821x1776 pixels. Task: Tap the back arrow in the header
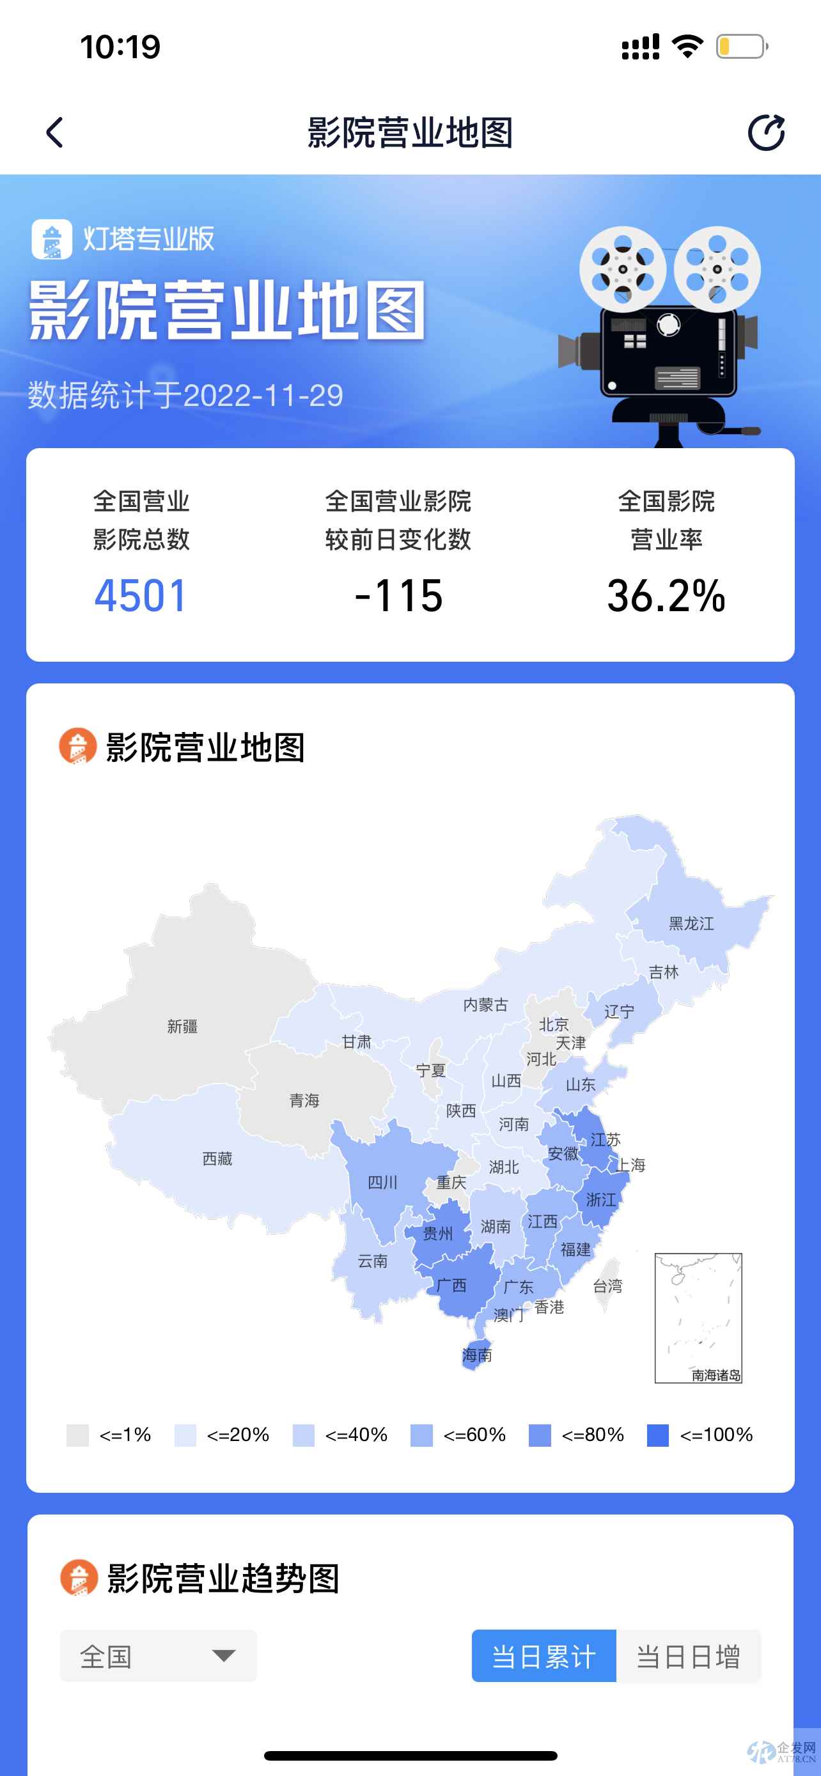tap(54, 132)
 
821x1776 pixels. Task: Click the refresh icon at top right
tap(766, 132)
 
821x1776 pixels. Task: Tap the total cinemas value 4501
tap(141, 596)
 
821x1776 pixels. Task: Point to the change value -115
tap(398, 596)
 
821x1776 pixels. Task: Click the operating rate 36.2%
tap(666, 596)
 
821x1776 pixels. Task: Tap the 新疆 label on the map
tap(183, 1027)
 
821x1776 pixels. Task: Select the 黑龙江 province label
tap(691, 924)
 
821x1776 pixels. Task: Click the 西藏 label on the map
tap(217, 1159)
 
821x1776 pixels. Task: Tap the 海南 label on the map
tap(477, 1355)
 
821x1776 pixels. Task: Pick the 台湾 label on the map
tap(607, 1286)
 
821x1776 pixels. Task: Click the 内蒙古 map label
tap(485, 1005)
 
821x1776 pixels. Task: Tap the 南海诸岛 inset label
tap(716, 1375)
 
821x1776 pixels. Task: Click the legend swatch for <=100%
tap(657, 1435)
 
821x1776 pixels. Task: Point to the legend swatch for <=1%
tap(77, 1435)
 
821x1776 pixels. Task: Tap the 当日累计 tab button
tap(543, 1656)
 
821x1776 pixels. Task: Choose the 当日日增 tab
tap(688, 1656)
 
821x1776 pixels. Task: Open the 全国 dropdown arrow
tap(223, 1656)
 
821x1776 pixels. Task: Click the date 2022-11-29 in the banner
tap(263, 396)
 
